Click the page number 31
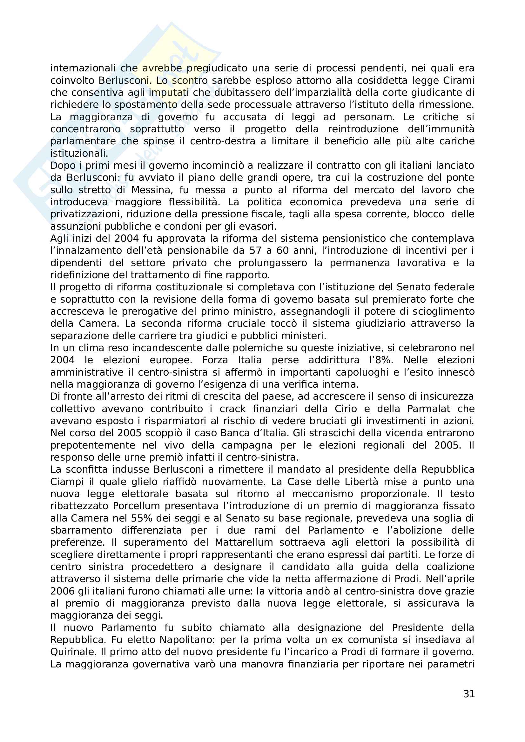tap(469, 693)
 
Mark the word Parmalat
tap(428, 409)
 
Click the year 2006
tap(63, 591)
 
